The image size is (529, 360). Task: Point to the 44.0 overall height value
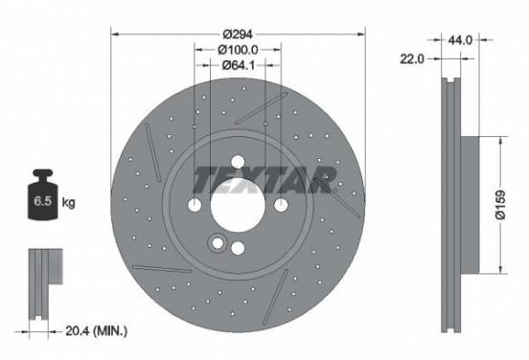[x=462, y=40]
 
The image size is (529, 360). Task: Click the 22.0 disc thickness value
[x=413, y=58]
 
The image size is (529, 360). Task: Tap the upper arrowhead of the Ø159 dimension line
[x=498, y=140]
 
